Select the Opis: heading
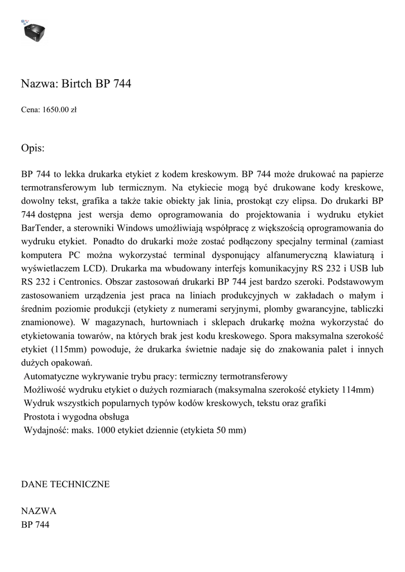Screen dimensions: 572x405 [32, 148]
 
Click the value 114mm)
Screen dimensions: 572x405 [357, 389]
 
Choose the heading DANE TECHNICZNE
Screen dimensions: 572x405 [65, 484]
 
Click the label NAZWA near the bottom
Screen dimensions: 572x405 [39, 511]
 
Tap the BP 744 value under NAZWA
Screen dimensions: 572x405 [35, 525]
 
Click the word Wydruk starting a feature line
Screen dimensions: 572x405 [39, 403]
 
